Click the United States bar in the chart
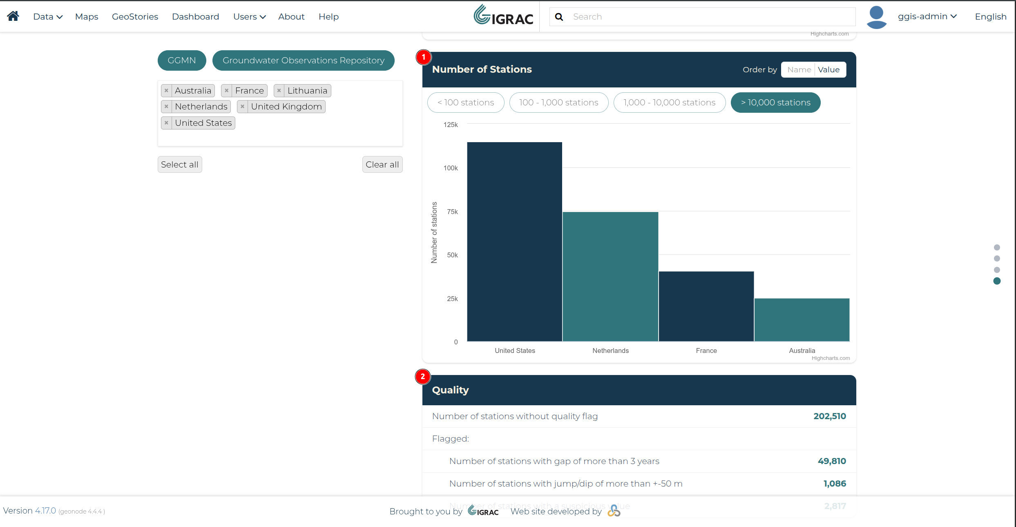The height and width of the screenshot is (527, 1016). [515, 241]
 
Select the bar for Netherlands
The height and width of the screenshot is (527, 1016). [610, 277]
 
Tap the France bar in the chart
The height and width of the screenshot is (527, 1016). [706, 306]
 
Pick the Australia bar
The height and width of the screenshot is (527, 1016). [802, 320]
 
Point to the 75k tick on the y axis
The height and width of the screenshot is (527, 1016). [452, 212]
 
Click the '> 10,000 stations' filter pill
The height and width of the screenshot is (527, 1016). [775, 103]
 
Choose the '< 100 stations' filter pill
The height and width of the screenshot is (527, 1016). [466, 103]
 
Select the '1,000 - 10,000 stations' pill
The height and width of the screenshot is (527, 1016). [670, 103]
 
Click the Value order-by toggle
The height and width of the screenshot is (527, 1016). [829, 70]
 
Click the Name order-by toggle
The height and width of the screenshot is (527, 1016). [799, 70]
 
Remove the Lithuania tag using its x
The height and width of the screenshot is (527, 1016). [279, 91]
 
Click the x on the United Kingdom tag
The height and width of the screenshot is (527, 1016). [243, 107]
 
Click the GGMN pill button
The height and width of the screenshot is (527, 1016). [182, 60]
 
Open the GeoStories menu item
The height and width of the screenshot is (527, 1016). [135, 17]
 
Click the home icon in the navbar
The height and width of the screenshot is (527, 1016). [13, 16]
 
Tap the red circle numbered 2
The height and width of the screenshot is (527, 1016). [423, 377]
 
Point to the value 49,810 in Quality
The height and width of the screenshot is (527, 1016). [832, 461]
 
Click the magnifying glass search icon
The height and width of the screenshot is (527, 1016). [559, 17]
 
